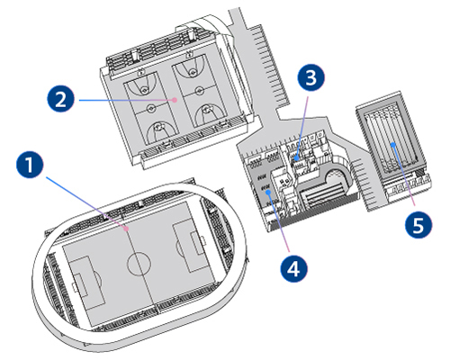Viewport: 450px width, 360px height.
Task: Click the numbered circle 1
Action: pos(30,165)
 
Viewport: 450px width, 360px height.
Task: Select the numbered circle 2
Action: pos(60,99)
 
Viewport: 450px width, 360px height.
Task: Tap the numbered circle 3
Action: pos(310,77)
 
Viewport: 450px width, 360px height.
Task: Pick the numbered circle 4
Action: pos(294,268)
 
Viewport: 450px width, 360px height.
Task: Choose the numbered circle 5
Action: pos(418,225)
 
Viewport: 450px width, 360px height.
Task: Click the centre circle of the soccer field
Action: pos(139,264)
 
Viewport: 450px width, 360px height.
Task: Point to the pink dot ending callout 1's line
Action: pos(127,229)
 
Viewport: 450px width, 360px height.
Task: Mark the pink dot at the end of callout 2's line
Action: pos(175,100)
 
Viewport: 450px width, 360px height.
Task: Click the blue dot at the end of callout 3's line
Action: pos(296,158)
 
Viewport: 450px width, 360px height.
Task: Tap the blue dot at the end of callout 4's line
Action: pos(269,193)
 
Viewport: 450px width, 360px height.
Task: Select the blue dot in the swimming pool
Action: pos(393,145)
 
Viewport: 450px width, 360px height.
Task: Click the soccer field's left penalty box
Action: pos(87,282)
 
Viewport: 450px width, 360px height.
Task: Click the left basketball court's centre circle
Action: pos(151,108)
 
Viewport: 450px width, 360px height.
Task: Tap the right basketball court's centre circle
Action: pos(199,90)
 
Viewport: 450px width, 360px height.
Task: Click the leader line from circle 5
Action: pos(404,175)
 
